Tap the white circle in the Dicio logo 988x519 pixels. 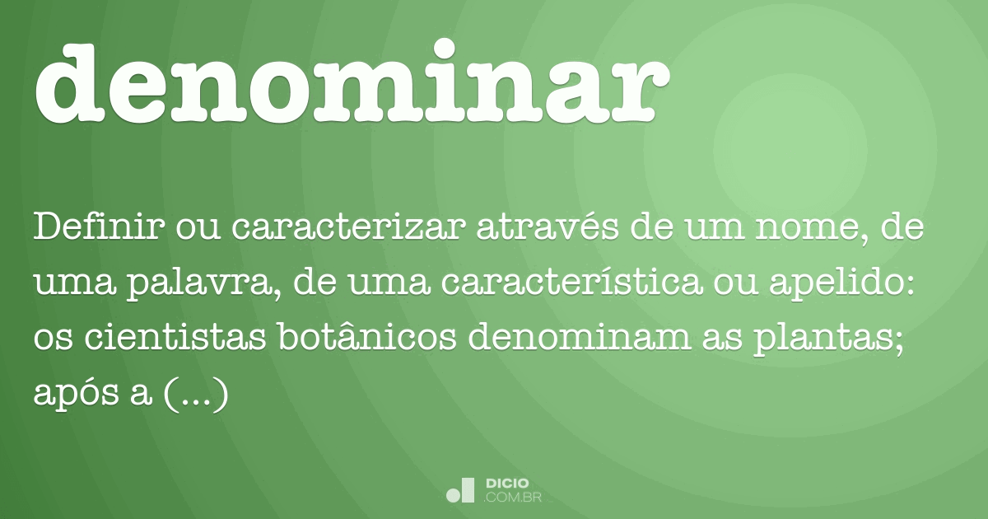454,495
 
